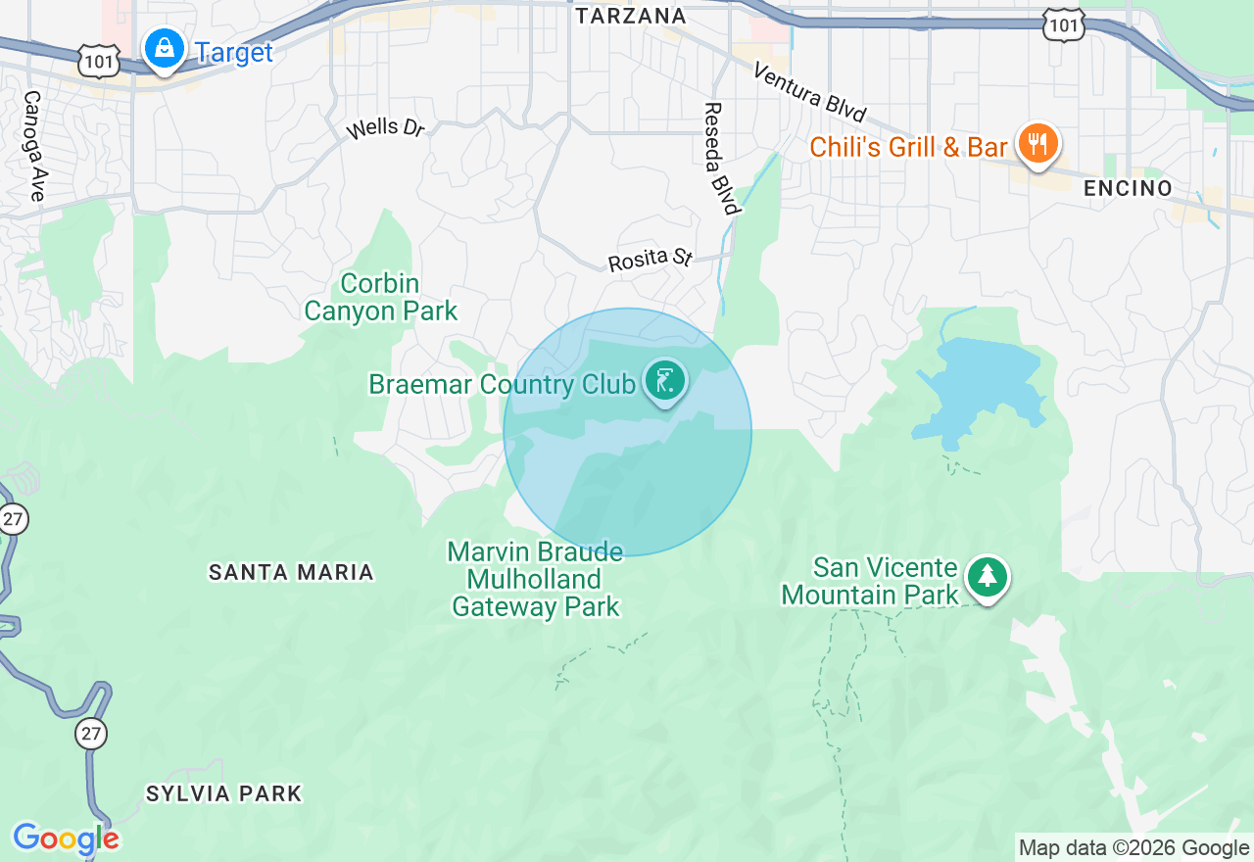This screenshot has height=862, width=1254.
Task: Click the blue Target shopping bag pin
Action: (x=165, y=47)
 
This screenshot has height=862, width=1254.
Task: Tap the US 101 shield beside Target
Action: (x=102, y=62)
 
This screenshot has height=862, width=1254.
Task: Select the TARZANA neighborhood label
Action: (x=630, y=16)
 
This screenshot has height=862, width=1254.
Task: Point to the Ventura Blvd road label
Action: (x=810, y=93)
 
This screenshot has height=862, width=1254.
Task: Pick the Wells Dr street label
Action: (x=386, y=128)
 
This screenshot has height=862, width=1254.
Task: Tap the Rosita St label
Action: (x=650, y=261)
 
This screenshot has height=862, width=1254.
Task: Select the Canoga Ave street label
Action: (x=34, y=147)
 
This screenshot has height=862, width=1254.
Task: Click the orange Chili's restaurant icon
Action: (x=1037, y=144)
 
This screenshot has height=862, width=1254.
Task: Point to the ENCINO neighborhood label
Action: (x=1128, y=188)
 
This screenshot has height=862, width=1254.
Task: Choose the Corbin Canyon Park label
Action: (x=380, y=298)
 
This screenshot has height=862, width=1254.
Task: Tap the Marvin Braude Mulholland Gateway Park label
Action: (x=535, y=579)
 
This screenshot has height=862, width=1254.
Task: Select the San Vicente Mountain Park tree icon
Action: (x=987, y=577)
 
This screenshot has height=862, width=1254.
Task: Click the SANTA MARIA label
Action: (x=291, y=572)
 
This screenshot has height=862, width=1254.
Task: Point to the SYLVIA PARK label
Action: (x=223, y=793)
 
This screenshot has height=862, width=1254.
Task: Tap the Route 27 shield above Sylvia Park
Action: (x=91, y=733)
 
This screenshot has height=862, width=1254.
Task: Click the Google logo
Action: (x=66, y=839)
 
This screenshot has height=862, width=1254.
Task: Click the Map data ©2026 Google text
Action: (x=1133, y=848)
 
